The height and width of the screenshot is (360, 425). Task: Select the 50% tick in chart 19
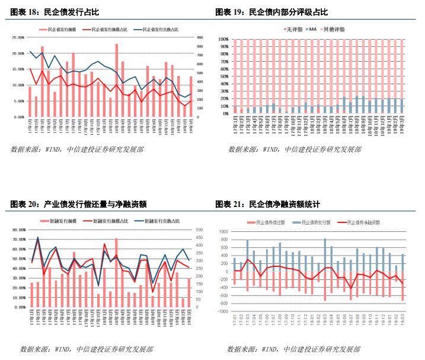click(223, 76)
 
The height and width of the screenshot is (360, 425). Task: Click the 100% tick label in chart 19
click(223, 39)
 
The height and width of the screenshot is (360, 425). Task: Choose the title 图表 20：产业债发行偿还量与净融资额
click(79, 205)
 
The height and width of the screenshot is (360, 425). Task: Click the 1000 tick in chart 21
click(223, 232)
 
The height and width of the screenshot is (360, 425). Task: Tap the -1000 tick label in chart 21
click(222, 311)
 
